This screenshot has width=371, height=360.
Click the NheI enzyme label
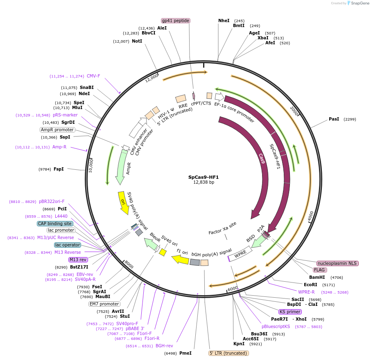[x=224, y=21]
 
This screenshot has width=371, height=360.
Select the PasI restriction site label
[x=334, y=119]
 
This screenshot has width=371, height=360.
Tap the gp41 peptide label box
[x=176, y=21]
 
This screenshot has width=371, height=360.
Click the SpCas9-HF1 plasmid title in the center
[x=204, y=177]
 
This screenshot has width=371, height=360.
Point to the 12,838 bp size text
[x=204, y=182]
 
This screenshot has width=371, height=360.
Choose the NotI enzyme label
[x=137, y=41]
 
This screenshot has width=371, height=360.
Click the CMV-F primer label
[x=93, y=76]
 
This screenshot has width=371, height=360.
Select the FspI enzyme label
[x=59, y=169]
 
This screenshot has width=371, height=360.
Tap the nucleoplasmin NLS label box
[x=337, y=263]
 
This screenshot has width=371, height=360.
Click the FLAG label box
[x=320, y=270]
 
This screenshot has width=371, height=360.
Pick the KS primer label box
[x=290, y=312]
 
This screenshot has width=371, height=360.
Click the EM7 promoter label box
[x=104, y=304]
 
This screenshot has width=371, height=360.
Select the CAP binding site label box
[x=55, y=223]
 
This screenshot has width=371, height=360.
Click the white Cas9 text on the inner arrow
[x=262, y=159]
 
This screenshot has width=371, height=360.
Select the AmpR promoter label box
[x=57, y=130]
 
